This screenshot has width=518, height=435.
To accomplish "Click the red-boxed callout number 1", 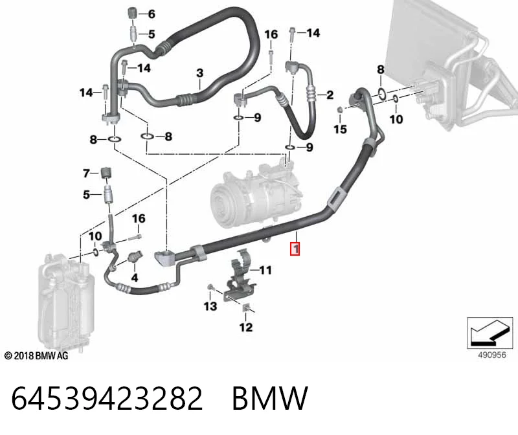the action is (x=295, y=249).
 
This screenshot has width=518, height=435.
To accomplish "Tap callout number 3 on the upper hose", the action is (x=200, y=72).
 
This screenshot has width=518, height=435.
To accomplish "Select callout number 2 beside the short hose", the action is (x=330, y=95).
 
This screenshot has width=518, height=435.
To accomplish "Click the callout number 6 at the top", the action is (x=152, y=14).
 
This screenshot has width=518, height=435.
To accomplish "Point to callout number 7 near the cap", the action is (x=87, y=173).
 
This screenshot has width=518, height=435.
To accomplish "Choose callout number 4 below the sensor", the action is (x=135, y=278).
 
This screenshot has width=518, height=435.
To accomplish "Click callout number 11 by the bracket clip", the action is (x=265, y=270).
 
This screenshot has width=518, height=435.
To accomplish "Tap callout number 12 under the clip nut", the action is (x=246, y=327).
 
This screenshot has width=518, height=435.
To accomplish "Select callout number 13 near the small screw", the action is (x=210, y=306).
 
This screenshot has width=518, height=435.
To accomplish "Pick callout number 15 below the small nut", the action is (x=340, y=129).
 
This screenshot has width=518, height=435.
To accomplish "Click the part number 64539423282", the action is (x=107, y=398).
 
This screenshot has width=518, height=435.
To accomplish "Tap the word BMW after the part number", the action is (x=270, y=398).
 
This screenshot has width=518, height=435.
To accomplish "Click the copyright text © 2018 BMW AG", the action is (x=36, y=356).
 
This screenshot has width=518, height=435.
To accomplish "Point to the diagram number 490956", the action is (x=492, y=355).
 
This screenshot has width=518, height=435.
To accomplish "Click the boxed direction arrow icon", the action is (x=490, y=333).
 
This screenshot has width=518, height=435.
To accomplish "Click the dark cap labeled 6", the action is (x=132, y=12).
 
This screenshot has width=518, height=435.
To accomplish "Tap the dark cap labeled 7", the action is (x=106, y=173).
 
